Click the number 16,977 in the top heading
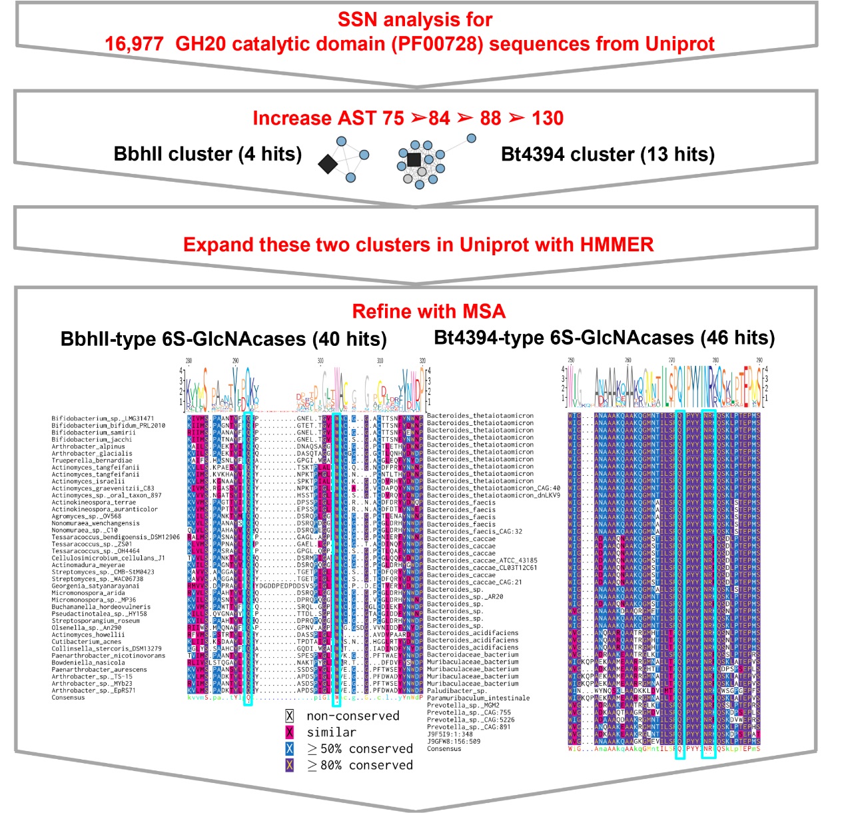pos(134,44)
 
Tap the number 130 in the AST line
pos(548,118)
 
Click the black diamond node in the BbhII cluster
pos(327,164)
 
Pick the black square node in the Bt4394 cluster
pos(414,159)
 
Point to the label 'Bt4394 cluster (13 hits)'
pos(608,154)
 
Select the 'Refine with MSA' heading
pos(428,311)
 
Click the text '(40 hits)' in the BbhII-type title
pos(349,339)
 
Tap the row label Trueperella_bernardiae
pos(92,460)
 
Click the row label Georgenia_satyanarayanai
pos(96,586)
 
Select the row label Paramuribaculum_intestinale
pos(478,698)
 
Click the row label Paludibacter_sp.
pos(456,691)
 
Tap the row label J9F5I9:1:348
pos(450,734)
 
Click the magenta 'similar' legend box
pos(289,732)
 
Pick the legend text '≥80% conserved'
pos(360,765)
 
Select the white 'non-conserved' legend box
pos(289,716)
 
